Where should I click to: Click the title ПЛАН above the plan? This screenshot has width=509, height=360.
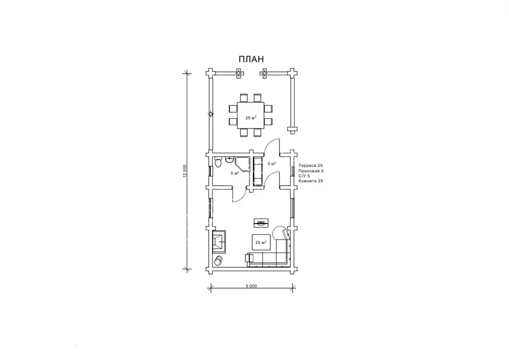251,59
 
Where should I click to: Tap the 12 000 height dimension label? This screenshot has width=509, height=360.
185,171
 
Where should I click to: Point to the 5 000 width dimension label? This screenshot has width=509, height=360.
251,286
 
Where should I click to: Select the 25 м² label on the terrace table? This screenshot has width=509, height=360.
251,118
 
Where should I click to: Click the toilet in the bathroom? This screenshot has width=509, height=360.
218,162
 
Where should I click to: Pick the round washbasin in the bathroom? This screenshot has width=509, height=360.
229,160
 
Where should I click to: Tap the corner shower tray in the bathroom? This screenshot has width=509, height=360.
242,164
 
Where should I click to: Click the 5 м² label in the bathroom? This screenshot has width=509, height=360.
235,173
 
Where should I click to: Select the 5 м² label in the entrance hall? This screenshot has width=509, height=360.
271,164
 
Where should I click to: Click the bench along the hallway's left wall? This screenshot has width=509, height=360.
258,172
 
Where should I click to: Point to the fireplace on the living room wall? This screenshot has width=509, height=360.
219,241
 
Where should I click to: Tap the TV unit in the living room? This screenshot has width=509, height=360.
261,222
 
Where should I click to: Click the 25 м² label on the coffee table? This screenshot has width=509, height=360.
261,242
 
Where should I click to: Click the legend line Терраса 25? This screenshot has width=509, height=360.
310,165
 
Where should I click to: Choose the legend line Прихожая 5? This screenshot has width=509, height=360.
311,170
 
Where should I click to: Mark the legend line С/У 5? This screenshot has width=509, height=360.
304,176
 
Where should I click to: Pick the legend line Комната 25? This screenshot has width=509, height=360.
310,181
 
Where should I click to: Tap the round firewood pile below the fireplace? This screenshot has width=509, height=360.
218,260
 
